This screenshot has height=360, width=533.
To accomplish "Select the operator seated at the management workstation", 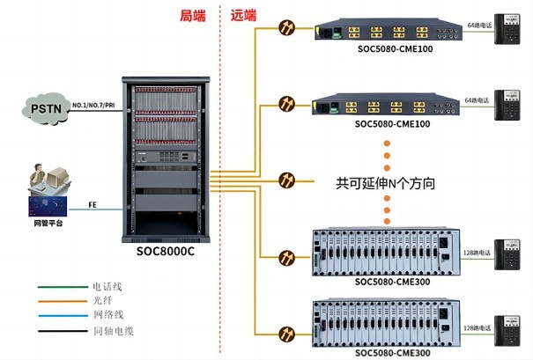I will pos(39,180).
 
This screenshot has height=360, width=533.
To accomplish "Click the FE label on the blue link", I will pos(93,205).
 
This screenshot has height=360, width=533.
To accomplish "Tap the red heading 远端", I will pos(244,15).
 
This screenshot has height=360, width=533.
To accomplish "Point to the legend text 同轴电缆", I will pos(114,330).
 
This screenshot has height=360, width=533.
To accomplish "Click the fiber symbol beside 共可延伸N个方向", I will pos(286,182).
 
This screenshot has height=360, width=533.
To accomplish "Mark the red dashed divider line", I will pos(218,176).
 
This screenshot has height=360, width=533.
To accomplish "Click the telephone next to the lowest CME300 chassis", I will pos(507,328).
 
